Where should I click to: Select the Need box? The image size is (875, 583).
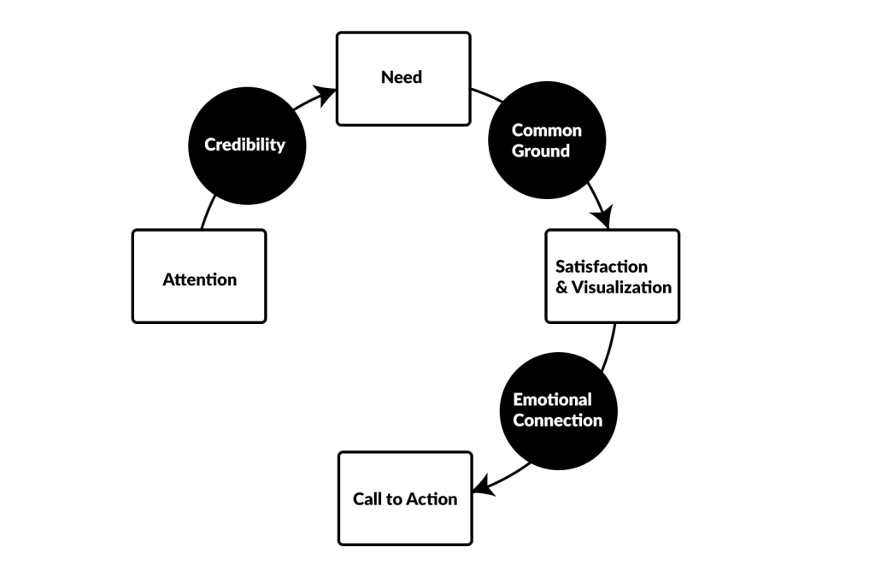pyautogui.click(x=402, y=79)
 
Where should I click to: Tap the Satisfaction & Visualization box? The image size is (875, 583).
pyautogui.click(x=612, y=276)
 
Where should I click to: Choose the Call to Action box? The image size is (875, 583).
pyautogui.click(x=405, y=498)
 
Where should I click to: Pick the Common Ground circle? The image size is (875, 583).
pyautogui.click(x=546, y=141)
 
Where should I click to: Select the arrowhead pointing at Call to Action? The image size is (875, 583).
pyautogui.click(x=483, y=488)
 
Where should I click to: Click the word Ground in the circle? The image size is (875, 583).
pyautogui.click(x=541, y=151)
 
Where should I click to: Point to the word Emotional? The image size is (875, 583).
pyautogui.click(x=552, y=399)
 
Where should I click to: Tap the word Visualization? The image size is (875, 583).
pyautogui.click(x=622, y=287)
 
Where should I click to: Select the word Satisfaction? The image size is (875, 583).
pyautogui.click(x=602, y=267)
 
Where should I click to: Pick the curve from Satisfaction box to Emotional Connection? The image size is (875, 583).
pyautogui.click(x=609, y=346)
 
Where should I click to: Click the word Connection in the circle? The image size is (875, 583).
pyautogui.click(x=557, y=421)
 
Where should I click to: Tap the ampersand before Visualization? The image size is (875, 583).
pyautogui.click(x=561, y=287)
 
